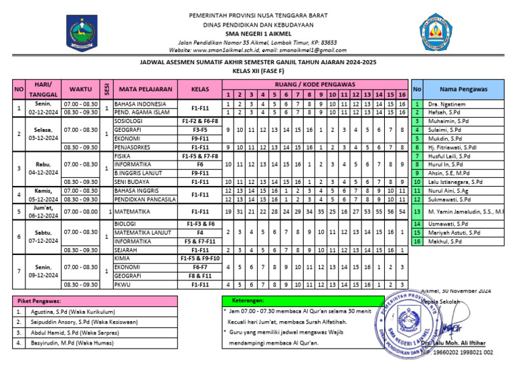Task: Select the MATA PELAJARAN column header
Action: pyautogui.click(x=141, y=88)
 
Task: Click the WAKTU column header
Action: pyautogui.click(x=80, y=88)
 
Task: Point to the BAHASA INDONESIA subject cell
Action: pyautogui.click(x=140, y=104)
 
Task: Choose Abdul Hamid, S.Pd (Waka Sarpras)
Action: pyautogui.click(x=73, y=332)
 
